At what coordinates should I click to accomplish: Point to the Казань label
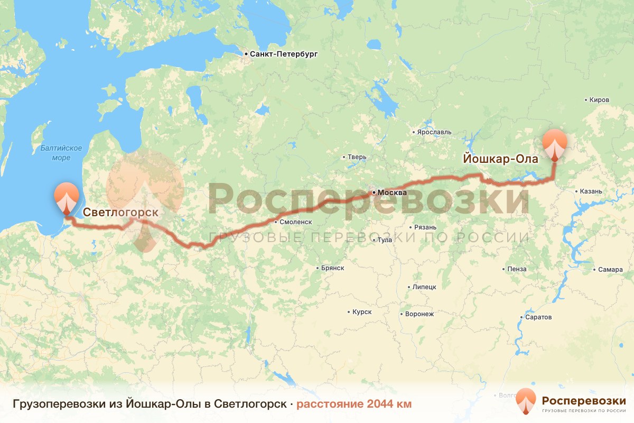pyautogui.click(x=591, y=191)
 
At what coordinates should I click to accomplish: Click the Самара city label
pyautogui.click(x=610, y=270)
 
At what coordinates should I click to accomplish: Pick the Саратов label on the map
pyautogui.click(x=538, y=318)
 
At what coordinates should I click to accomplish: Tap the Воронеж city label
pyautogui.click(x=419, y=314)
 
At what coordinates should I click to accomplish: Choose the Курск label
pyautogui.click(x=362, y=312)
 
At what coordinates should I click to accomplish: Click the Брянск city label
pyautogui.click(x=332, y=268)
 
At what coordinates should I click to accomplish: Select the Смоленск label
pyautogui.click(x=296, y=222)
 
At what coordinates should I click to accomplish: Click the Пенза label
pyautogui.click(x=517, y=269)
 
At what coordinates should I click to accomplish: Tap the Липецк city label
pyautogui.click(x=425, y=287)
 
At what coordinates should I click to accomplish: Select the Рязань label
pyautogui.click(x=425, y=227)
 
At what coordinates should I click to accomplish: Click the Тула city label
pyautogui.click(x=385, y=240)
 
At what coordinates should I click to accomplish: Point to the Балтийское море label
pyautogui.click(x=61, y=152)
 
